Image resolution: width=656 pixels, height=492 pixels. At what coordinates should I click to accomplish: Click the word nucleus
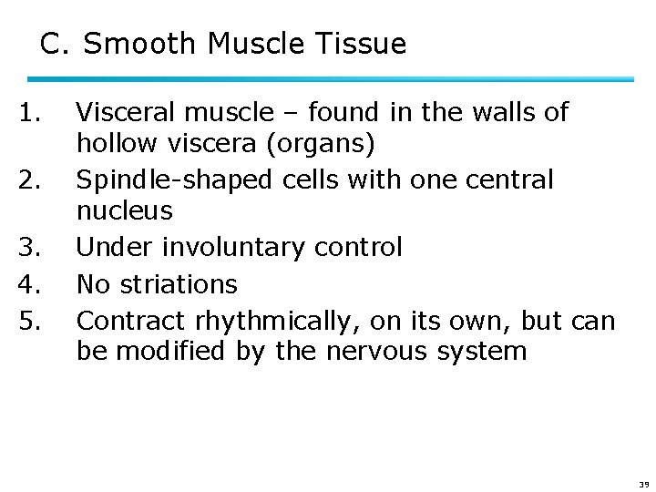pyautogui.click(x=124, y=211)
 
